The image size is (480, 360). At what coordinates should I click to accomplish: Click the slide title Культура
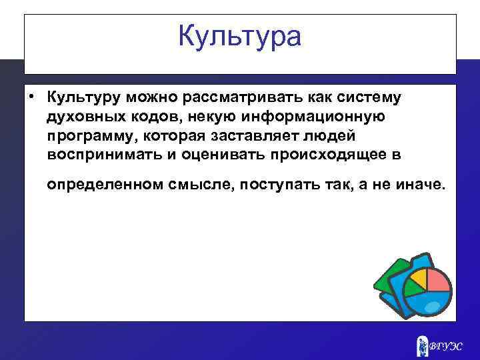(240, 36)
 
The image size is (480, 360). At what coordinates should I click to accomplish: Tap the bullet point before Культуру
(31, 98)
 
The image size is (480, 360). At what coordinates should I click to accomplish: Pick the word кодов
(147, 117)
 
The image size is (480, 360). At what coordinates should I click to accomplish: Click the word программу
(89, 136)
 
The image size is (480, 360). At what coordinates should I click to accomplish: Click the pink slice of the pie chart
(438, 280)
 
